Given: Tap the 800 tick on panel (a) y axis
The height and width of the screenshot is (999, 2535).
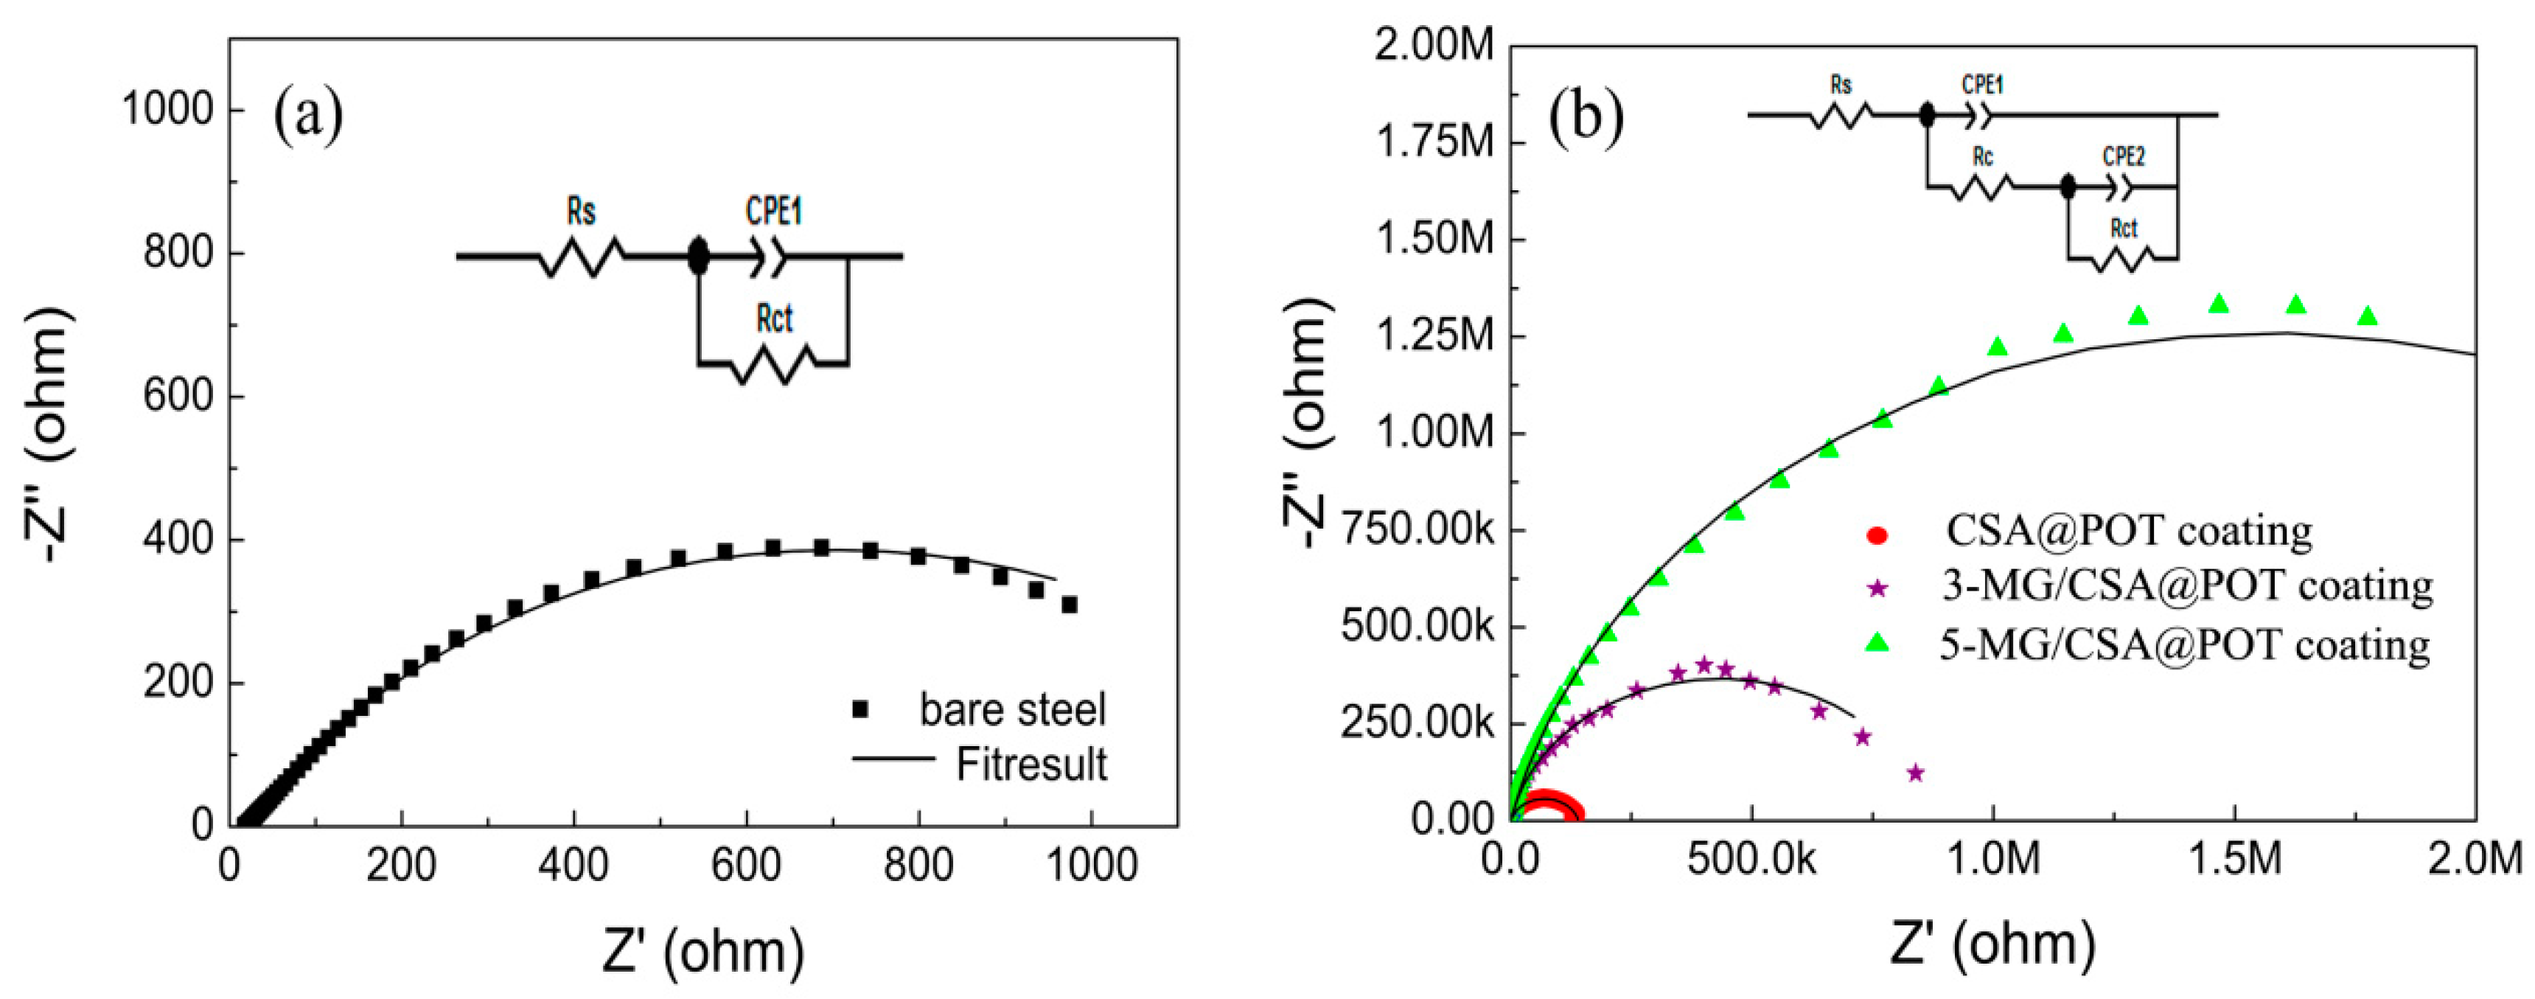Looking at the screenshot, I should (178, 254).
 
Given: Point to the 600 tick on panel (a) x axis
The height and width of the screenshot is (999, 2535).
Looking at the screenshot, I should (745, 865).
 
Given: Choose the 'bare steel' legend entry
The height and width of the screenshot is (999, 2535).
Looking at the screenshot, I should (1011, 710).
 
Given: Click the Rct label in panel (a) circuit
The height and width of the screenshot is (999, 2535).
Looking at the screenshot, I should (775, 319).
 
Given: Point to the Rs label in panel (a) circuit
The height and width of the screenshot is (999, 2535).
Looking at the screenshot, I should (581, 212).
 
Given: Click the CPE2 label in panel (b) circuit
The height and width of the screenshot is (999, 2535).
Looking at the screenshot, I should (2123, 156).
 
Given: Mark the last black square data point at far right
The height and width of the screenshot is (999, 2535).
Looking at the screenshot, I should (1069, 605).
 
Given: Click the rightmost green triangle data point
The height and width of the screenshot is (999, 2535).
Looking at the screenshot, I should (2368, 316).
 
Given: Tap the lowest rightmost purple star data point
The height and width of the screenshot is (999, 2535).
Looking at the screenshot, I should (1915, 773).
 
